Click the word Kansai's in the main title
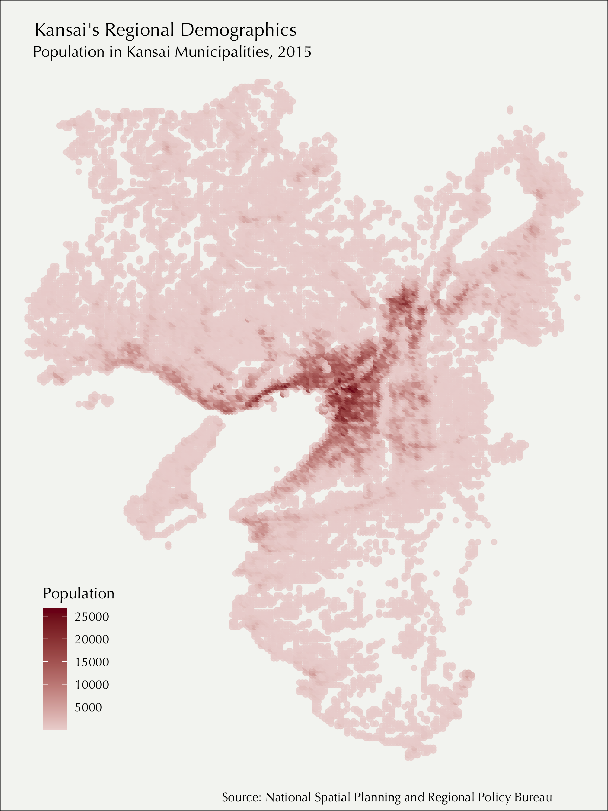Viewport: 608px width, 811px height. [x=67, y=30]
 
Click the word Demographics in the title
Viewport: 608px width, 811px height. [x=238, y=30]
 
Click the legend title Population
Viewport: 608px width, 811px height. [x=78, y=593]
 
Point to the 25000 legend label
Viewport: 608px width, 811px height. [x=92, y=617]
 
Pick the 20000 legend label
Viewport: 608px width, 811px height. [x=92, y=640]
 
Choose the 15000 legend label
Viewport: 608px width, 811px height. [x=92, y=662]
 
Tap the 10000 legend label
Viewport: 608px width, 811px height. [x=92, y=685]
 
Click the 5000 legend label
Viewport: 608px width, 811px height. [x=88, y=707]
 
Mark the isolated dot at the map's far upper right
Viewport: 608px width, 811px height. [x=510, y=109]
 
